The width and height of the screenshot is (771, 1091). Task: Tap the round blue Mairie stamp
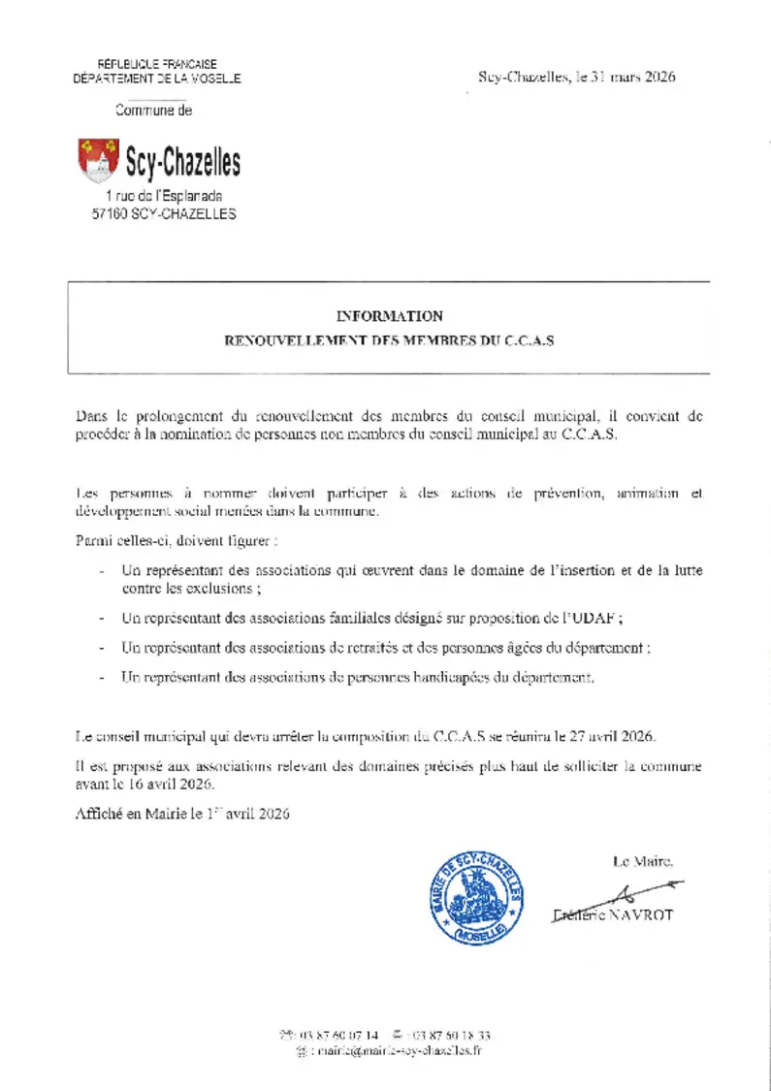tap(476, 897)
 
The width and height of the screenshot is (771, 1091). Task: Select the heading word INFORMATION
tap(389, 316)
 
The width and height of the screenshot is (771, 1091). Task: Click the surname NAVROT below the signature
tap(641, 915)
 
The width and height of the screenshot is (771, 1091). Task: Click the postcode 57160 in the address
tap(109, 214)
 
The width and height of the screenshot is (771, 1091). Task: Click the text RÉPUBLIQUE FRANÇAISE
tap(157, 63)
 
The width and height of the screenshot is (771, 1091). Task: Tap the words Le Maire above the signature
tap(641, 860)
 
